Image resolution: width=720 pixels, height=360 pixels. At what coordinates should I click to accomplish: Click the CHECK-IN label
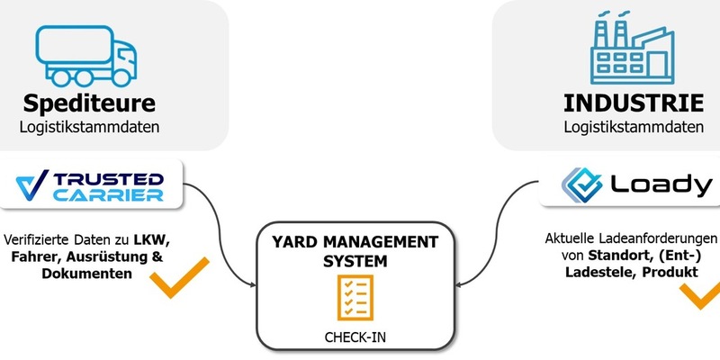(x=355, y=337)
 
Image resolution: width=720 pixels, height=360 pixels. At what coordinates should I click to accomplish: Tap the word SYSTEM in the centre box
(x=355, y=261)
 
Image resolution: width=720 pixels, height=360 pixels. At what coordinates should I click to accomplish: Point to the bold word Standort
(x=613, y=256)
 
